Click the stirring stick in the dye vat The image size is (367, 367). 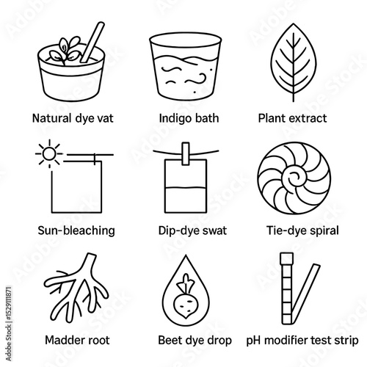click(92, 42)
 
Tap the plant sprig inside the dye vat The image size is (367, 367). click(65, 51)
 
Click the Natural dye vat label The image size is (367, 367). click(73, 119)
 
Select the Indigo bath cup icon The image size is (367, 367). click(186, 66)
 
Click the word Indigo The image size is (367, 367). click(175, 119)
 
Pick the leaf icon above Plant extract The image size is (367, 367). click(294, 62)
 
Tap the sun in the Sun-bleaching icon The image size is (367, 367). click(49, 154)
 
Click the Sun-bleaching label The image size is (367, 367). click(76, 230)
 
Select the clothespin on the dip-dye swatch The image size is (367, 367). click(186, 153)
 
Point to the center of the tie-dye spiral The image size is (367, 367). click(294, 178)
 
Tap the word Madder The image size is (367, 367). click(63, 341)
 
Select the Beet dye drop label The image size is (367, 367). click(195, 341)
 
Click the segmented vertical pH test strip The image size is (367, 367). click(287, 288)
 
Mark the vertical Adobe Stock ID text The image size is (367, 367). click(8, 324)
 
